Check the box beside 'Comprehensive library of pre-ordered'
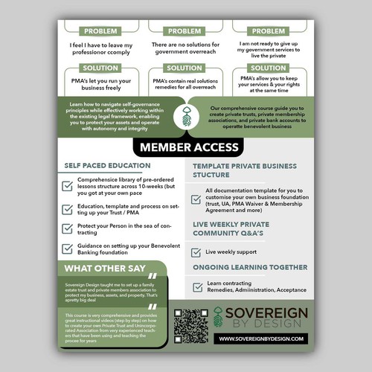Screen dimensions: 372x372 pyautogui.click(x=68, y=186)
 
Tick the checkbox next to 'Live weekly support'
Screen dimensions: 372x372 pyautogui.click(x=196, y=253)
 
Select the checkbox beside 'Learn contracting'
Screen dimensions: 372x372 pyautogui.click(x=196, y=286)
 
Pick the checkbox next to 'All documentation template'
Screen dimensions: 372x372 pyautogui.click(x=196, y=199)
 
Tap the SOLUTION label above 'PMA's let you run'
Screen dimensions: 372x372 pyautogui.click(x=100, y=68)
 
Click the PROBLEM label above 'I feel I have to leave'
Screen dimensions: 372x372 pyautogui.click(x=100, y=32)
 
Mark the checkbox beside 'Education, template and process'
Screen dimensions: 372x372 pyautogui.click(x=68, y=208)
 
